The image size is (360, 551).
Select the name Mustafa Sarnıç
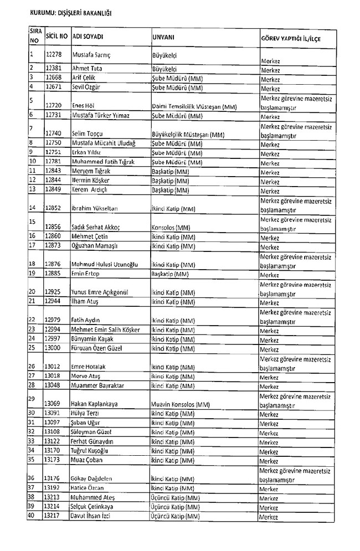[x=91, y=56]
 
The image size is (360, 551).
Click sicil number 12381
[x=56, y=69]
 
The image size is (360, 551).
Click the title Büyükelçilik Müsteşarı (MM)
[x=187, y=134]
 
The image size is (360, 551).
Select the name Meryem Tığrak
[x=91, y=171]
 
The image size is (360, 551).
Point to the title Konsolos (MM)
[x=171, y=228]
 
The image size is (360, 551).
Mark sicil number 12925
[x=56, y=292]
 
